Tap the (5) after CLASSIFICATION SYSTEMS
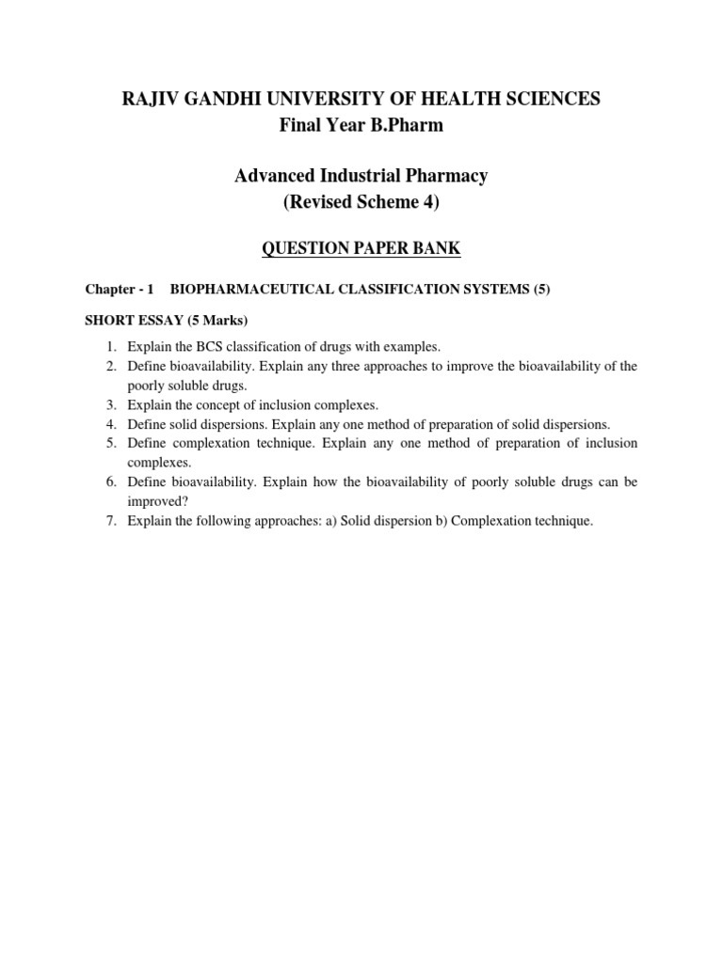coord(541,290)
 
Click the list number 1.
coord(110,347)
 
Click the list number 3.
coord(110,404)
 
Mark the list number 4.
coord(110,424)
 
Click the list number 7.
coord(110,520)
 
